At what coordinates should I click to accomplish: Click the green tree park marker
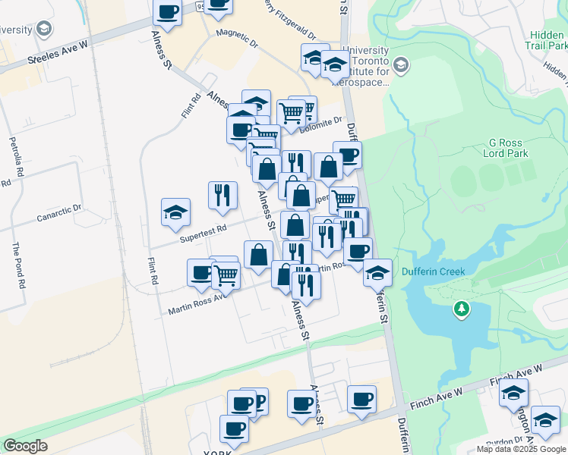[461, 309]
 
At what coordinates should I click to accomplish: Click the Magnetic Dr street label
[237, 34]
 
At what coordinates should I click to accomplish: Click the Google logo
[26, 445]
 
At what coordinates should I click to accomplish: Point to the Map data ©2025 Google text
[521, 449]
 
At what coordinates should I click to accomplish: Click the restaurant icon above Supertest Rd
[222, 195]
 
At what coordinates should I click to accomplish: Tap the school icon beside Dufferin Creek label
[377, 272]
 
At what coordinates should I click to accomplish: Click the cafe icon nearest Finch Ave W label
[361, 398]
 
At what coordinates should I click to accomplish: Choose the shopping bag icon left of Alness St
[258, 254]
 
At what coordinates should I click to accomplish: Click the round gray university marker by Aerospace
[402, 65]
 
